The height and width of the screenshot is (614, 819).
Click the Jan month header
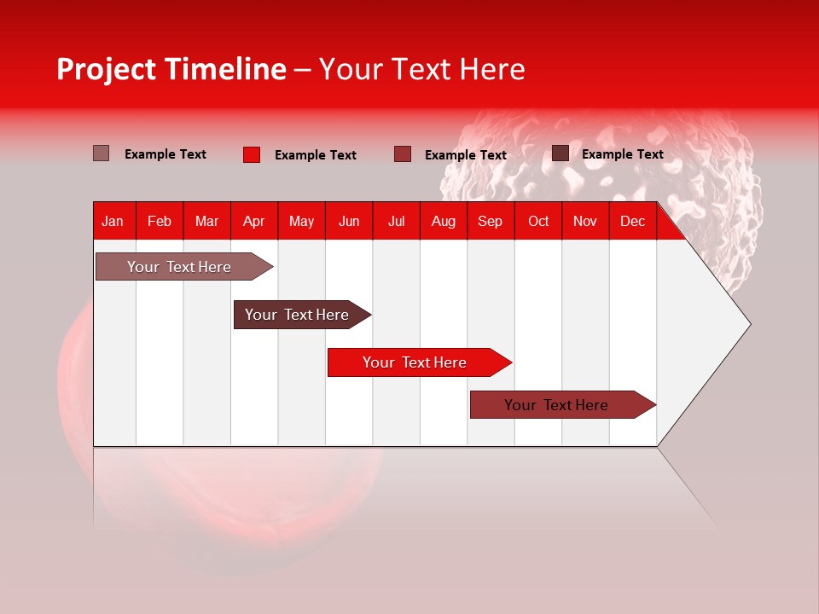tap(113, 221)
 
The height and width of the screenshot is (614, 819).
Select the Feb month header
tap(160, 221)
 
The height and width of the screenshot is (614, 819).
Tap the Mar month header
tap(206, 221)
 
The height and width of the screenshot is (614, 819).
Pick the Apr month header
tap(254, 221)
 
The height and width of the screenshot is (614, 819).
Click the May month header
tap(301, 221)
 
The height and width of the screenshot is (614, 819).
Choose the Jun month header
tap(349, 221)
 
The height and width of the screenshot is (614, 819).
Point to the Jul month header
tap(396, 221)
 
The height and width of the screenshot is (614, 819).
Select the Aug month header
tap(444, 221)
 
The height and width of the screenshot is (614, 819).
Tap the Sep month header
tap(491, 221)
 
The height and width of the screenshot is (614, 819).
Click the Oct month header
tap(538, 221)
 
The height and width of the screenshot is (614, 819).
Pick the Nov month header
tap(585, 221)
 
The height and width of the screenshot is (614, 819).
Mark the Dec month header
tap(633, 221)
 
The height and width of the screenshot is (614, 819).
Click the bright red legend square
tap(252, 154)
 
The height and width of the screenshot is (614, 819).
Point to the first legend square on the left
tap(102, 153)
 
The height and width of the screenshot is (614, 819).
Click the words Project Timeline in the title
tap(171, 69)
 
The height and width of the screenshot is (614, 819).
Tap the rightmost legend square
tap(561, 153)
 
